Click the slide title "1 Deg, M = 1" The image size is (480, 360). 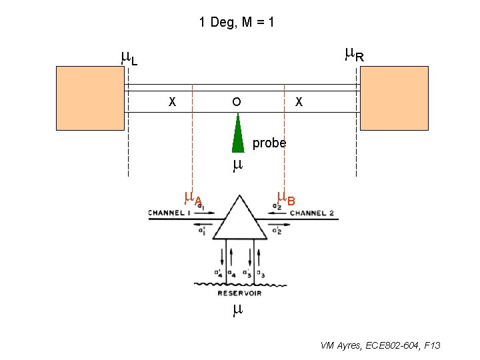(237, 22)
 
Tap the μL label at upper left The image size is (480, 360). (129, 59)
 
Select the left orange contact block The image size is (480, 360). (90, 97)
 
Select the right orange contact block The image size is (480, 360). (393, 97)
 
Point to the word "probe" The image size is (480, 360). (269, 143)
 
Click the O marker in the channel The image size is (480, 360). (236, 103)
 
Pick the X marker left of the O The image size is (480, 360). (172, 103)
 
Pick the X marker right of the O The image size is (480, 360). (299, 103)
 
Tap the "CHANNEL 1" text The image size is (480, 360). (169, 213)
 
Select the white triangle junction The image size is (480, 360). (240, 219)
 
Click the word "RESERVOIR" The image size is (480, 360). (239, 293)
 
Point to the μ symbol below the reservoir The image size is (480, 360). (237, 309)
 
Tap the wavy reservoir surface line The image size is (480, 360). (239, 285)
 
